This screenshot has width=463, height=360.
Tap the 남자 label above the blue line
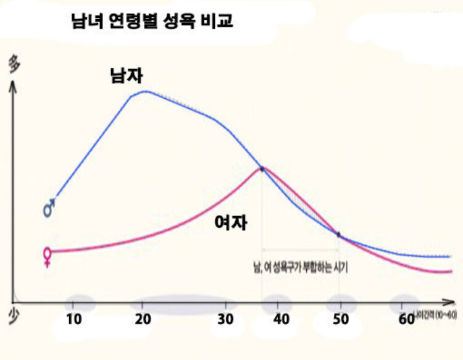(x=127, y=75)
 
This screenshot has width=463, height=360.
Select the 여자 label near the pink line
(x=230, y=222)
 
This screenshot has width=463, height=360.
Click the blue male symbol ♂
(x=49, y=207)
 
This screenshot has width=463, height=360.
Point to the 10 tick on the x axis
(x=73, y=319)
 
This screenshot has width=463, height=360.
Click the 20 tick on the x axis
(x=143, y=319)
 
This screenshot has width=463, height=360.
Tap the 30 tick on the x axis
(x=227, y=319)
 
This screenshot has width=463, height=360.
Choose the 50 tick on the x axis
(x=340, y=319)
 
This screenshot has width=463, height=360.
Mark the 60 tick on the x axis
(x=406, y=319)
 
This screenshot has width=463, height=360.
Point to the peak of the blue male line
(x=146, y=91)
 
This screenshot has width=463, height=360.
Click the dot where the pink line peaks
(x=262, y=169)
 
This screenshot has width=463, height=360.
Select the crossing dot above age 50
(x=338, y=234)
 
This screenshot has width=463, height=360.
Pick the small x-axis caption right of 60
(x=437, y=315)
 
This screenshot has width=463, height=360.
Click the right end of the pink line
(x=452, y=271)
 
